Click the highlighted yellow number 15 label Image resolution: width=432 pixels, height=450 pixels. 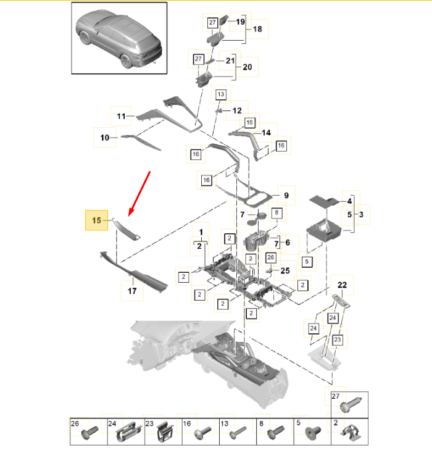[96, 220]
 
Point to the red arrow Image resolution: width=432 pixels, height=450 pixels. [140, 193]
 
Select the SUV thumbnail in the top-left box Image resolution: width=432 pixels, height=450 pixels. [118, 38]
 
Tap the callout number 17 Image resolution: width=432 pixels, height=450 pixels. [132, 290]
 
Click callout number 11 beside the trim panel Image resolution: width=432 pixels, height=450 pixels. [121, 115]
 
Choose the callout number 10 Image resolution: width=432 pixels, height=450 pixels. [105, 137]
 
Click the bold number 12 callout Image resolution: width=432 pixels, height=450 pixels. [237, 111]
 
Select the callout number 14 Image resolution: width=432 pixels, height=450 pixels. [266, 133]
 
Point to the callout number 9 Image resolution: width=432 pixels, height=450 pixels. [286, 196]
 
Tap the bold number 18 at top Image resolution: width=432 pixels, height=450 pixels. [257, 29]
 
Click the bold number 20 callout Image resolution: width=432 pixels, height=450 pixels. [247, 67]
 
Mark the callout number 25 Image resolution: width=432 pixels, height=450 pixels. [285, 270]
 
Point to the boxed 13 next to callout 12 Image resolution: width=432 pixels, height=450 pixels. [221, 94]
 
